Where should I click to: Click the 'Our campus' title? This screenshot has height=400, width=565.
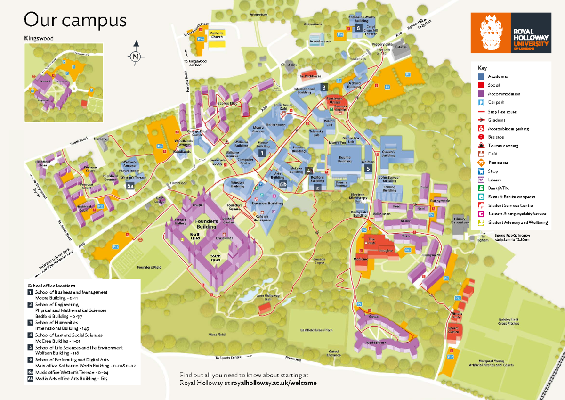[75, 20]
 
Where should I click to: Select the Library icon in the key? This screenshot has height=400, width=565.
[481, 180]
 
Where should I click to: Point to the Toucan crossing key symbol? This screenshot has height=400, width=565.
[481, 145]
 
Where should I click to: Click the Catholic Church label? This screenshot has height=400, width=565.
[217, 34]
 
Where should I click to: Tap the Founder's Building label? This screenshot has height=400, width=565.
[206, 224]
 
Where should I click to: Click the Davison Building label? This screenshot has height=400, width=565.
[267, 203]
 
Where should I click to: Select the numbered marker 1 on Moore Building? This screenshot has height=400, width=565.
[262, 153]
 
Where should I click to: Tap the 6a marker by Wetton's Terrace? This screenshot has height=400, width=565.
[130, 186]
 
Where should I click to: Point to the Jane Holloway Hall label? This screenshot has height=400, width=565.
[268, 298]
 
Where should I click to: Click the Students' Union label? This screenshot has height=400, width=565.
[334, 100]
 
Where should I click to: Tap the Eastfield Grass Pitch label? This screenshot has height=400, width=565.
[316, 330]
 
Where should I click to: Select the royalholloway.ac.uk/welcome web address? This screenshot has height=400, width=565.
[274, 383]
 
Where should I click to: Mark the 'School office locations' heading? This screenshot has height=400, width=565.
[51, 286]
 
